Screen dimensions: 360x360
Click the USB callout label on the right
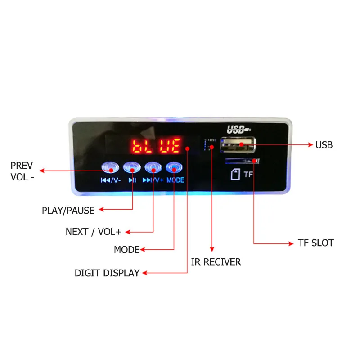pos(324,145)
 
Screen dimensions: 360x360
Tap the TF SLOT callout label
pos(315,243)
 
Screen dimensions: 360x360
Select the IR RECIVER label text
pos(216,262)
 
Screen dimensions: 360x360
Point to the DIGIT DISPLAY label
pos(107,273)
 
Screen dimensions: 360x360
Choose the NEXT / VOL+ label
pos(94,232)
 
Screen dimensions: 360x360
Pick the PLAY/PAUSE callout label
pos(68,210)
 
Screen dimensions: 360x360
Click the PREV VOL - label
pos(22,171)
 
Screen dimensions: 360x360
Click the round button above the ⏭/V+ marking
pos(153,168)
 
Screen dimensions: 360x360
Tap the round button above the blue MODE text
pos(174,168)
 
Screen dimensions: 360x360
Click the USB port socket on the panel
pos(238,145)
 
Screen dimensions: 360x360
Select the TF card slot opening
pos(242,161)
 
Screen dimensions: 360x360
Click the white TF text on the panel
pos(249,175)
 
